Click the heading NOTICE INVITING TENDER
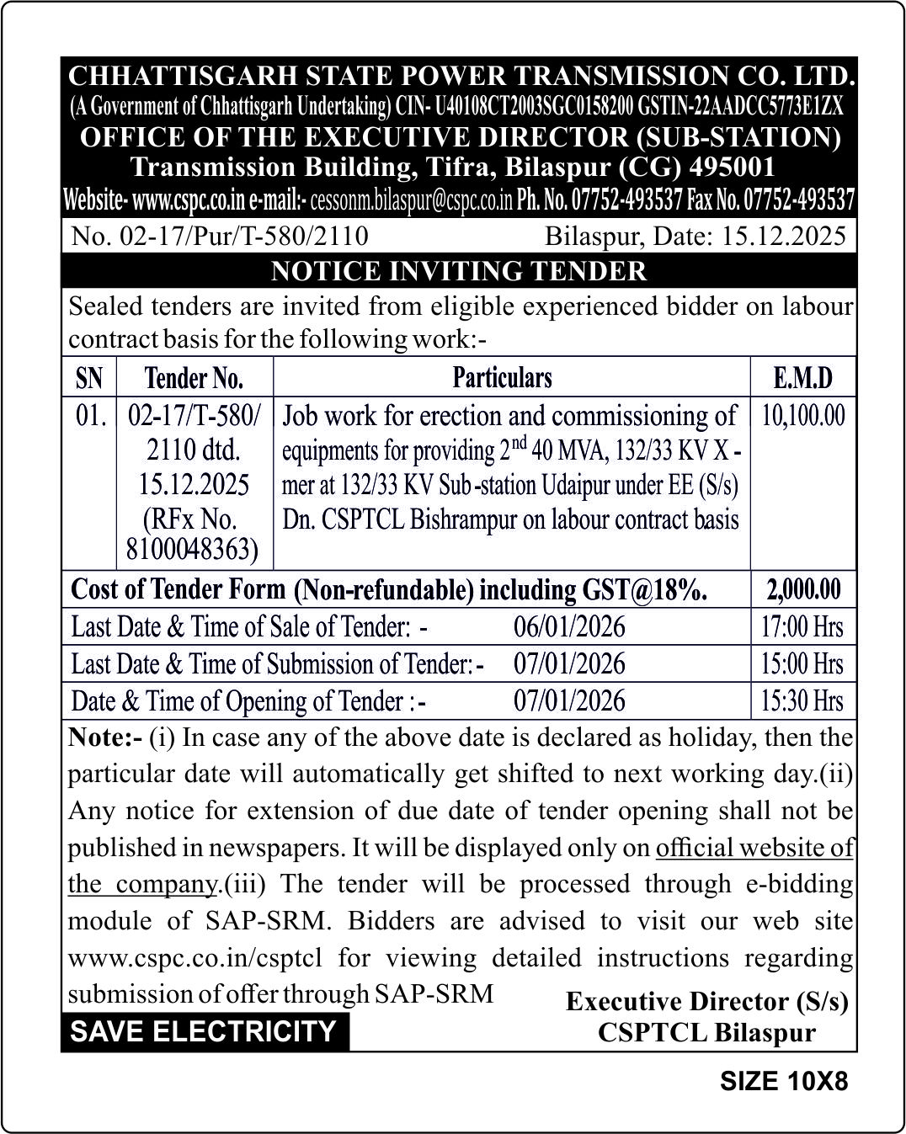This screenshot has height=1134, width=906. (x=459, y=271)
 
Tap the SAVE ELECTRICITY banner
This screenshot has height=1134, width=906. (x=203, y=1031)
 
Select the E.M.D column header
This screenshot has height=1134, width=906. (x=802, y=378)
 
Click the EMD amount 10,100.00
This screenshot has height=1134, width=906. (x=803, y=416)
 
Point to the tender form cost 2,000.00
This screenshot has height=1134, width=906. (x=803, y=589)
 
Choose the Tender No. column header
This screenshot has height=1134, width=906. (x=194, y=378)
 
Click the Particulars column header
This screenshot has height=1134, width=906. (x=502, y=377)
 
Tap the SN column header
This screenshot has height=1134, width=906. (x=89, y=378)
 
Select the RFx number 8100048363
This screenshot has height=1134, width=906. (x=192, y=549)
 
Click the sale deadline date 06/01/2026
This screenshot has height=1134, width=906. (x=569, y=627)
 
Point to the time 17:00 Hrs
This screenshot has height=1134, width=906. (x=802, y=627)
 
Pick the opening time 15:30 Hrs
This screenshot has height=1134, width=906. (x=802, y=700)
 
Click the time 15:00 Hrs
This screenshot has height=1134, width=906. (x=802, y=664)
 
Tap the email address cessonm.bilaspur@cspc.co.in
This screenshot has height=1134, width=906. (x=412, y=201)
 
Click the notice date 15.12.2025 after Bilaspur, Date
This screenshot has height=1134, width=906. (x=783, y=236)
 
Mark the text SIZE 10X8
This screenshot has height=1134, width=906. (x=783, y=1081)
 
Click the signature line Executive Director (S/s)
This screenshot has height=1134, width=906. (x=706, y=1001)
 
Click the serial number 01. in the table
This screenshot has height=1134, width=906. (x=90, y=416)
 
